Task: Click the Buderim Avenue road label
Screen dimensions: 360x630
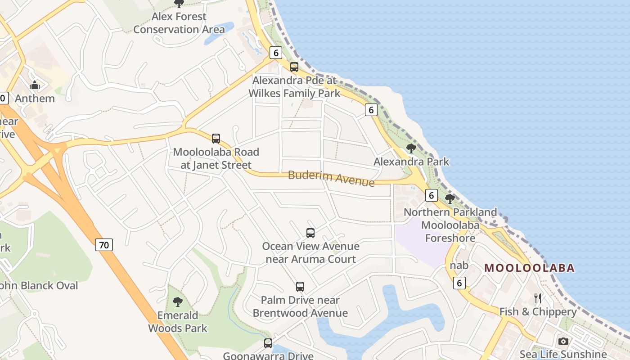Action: click(x=331, y=178)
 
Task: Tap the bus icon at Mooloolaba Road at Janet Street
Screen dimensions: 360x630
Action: click(x=216, y=138)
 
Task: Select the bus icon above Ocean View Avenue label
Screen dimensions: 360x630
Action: click(x=310, y=233)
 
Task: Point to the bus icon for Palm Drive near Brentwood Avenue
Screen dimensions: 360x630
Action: click(x=300, y=286)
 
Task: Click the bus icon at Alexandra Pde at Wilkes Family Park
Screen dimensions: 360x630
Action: click(x=294, y=67)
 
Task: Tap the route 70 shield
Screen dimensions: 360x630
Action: click(x=104, y=245)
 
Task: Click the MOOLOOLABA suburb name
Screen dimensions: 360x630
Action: click(x=530, y=268)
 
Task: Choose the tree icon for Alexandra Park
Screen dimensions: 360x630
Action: click(x=411, y=148)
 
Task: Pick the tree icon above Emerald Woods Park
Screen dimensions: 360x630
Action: click(x=178, y=301)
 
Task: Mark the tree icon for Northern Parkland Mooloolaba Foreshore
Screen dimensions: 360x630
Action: click(x=450, y=198)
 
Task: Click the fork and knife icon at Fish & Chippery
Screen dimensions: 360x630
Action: click(x=537, y=298)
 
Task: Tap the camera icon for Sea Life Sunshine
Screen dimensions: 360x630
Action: click(x=563, y=341)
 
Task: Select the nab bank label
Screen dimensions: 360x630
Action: click(x=459, y=265)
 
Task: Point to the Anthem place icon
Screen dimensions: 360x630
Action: click(x=35, y=85)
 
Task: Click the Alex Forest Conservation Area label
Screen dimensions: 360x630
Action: click(x=179, y=23)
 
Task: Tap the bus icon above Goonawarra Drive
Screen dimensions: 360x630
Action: click(x=268, y=343)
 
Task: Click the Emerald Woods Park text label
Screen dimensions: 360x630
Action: click(x=178, y=322)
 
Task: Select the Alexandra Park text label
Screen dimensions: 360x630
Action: click(x=411, y=162)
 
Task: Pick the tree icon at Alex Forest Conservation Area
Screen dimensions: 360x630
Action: click(x=179, y=4)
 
